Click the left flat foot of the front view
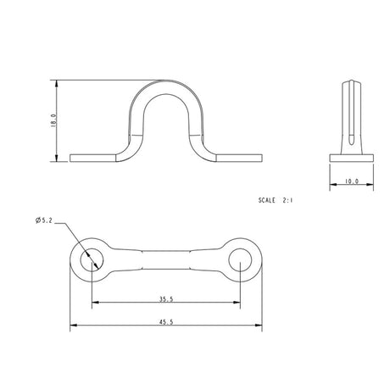coord(93,158)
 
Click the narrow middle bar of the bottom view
coord(166,259)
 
